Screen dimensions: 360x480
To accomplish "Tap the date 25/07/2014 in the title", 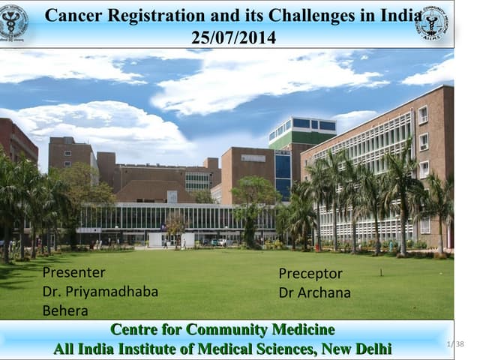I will click(x=233, y=37).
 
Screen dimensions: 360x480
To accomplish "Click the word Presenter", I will click(x=73, y=272).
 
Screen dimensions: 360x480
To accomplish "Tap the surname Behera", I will click(x=64, y=310).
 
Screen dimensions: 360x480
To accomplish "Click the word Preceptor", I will click(x=310, y=274).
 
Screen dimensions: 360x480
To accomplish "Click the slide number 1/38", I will click(x=454, y=343).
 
